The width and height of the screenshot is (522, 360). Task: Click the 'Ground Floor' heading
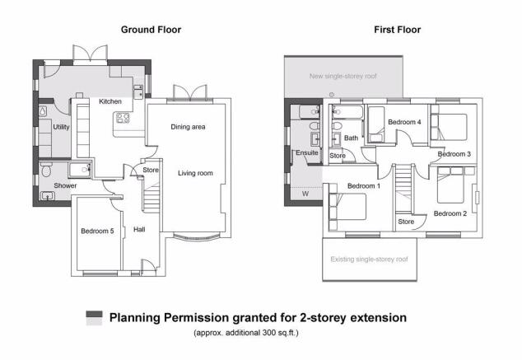pos(151,30)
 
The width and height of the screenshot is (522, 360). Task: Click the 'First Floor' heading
pos(397,30)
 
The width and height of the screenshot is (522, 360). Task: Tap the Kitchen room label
pos(110,101)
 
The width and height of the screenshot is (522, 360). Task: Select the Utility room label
pos(61,128)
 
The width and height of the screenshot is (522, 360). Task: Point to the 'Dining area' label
pos(188,127)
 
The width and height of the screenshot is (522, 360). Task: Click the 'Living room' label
pos(196,173)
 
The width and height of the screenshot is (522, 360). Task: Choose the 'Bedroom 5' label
pos(96,231)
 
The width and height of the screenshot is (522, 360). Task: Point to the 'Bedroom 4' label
pos(404,122)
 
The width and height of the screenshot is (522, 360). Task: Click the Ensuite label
pos(305,152)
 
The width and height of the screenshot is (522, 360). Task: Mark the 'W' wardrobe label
pos(305,195)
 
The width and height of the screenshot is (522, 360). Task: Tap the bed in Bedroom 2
pos(450,185)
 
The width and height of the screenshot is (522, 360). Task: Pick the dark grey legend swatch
pos(95,317)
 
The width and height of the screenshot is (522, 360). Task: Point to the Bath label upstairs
pos(351,138)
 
